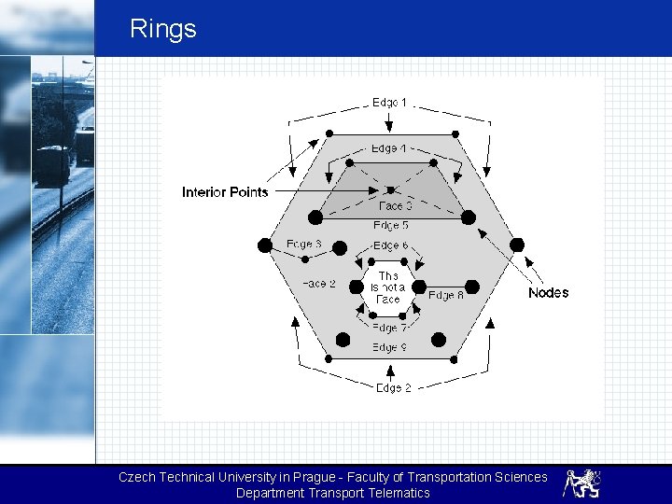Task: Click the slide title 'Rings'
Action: pos(163,29)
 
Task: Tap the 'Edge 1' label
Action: pos(390,102)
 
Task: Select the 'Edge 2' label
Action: pos(393,387)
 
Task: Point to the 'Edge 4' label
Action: pos(388,148)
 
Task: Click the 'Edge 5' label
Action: pos(391,226)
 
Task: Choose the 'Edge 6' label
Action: pos(390,245)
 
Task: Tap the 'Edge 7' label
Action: pos(389,328)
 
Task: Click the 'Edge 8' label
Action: pos(446,295)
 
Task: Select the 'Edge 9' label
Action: pos(389,347)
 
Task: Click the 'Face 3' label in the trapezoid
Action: pos(396,206)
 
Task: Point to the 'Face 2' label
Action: pos(318,284)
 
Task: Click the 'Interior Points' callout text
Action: pos(225,192)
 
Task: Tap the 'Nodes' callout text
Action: pos(548,293)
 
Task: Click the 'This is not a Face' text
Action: pos(388,287)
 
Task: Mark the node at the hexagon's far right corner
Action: pos(517,245)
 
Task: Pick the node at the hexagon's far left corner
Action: pos(265,245)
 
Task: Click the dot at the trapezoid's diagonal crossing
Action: pos(390,189)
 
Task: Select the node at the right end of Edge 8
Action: pos(471,287)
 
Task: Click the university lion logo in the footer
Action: pos(581,483)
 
